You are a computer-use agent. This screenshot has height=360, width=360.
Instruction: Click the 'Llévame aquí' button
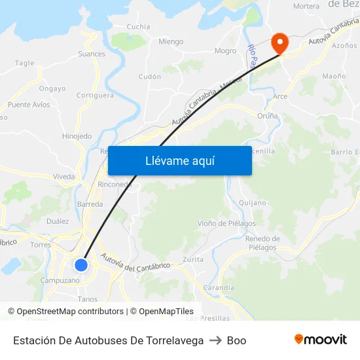point(180,160)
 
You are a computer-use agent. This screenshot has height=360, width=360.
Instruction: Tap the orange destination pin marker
point(280,43)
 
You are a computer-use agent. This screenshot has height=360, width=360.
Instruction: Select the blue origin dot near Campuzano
point(81,264)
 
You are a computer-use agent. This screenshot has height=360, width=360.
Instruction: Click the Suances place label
point(92,54)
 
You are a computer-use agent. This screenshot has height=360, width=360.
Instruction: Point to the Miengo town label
point(171,42)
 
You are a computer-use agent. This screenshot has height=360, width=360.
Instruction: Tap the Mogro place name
point(225,51)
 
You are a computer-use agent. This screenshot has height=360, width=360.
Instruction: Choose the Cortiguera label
point(95,96)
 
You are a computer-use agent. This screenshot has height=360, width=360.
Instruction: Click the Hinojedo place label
point(77,136)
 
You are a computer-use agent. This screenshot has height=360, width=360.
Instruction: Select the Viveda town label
point(64,177)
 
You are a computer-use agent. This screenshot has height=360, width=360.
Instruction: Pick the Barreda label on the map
point(90,204)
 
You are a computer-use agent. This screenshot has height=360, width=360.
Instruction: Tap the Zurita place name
point(193,260)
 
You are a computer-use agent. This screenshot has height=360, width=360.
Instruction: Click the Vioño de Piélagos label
point(226,224)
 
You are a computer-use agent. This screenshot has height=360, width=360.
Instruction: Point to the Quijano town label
point(252,203)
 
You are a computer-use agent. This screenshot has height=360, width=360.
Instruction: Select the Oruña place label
point(267,116)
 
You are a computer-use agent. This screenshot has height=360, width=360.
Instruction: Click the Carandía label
point(219,288)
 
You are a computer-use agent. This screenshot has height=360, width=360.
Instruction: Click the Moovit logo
point(321,340)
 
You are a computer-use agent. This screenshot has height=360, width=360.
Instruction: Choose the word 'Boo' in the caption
point(236,340)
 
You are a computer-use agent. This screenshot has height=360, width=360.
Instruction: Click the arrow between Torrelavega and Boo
point(215,340)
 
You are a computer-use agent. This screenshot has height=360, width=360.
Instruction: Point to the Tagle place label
point(24,63)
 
